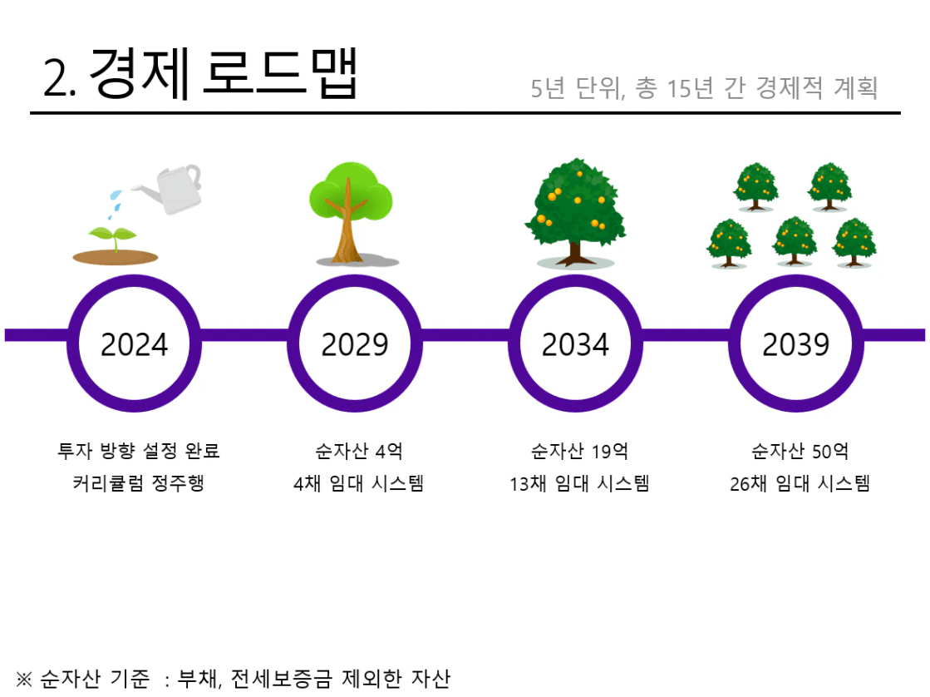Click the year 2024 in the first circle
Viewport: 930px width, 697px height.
click(x=134, y=344)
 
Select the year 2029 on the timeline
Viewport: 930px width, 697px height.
click(x=355, y=344)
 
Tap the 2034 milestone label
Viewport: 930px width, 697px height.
click(x=575, y=344)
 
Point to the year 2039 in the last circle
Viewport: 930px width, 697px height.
click(x=796, y=344)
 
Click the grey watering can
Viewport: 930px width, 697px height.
click(x=172, y=188)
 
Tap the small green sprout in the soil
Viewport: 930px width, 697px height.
click(x=113, y=236)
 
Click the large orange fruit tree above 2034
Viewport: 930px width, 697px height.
click(x=575, y=213)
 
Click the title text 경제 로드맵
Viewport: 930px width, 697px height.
click(x=223, y=74)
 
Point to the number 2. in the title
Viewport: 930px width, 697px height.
click(x=59, y=78)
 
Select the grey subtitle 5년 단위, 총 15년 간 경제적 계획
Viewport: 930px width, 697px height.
click(x=704, y=88)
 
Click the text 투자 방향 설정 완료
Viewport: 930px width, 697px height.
click(x=139, y=451)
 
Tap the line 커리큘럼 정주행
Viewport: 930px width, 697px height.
click(x=139, y=482)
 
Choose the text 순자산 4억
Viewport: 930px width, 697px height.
click(x=359, y=451)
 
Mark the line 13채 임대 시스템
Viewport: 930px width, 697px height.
click(x=579, y=483)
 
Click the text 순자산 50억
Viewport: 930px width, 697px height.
click(x=800, y=451)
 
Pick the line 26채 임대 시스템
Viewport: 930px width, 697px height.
click(x=800, y=483)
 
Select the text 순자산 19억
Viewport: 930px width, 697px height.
click(x=579, y=451)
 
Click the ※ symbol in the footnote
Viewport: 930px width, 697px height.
click(x=24, y=679)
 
